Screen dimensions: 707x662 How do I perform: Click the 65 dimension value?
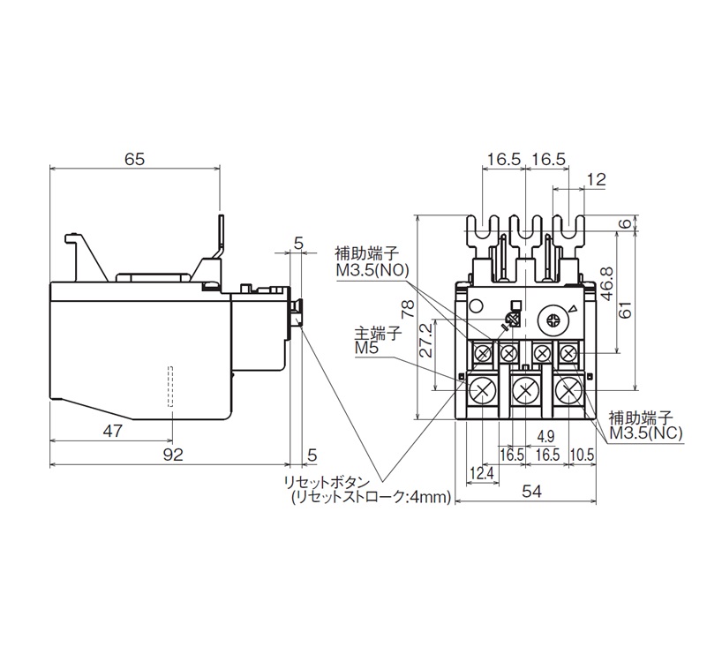pos(135,159)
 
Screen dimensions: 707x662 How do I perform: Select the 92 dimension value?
pos(173,455)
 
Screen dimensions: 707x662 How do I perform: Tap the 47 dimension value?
pos(112,431)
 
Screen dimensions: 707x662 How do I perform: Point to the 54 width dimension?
pos(532,491)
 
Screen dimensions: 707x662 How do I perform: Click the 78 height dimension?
pos(408,309)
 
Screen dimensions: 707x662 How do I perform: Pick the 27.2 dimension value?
pos(425,341)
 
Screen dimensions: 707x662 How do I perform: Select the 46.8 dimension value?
pos(607,283)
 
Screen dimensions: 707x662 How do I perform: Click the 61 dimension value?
pos(626,310)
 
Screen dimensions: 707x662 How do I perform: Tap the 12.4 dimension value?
pos(483,473)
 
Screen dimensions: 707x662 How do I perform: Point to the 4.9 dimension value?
pos(545,437)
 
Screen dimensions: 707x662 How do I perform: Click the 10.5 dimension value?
pos(582,455)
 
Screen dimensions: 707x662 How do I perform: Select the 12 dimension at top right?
pos(597,180)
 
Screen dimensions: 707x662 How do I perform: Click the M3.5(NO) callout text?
pos(372,270)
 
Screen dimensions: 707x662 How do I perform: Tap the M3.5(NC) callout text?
pos(646,433)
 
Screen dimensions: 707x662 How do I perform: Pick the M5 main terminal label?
pos(367,348)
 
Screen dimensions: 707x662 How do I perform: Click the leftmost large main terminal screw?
pos(483,390)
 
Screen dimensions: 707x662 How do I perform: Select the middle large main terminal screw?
pos(525,390)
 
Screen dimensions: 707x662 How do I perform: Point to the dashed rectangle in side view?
pos(170,386)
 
